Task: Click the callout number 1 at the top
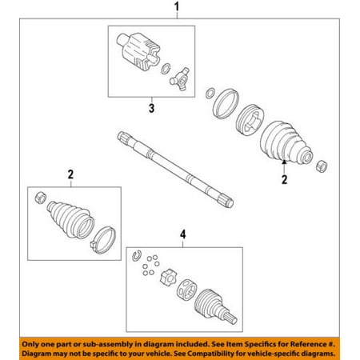(x=177, y=6)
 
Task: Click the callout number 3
(x=151, y=108)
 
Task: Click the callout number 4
(x=182, y=234)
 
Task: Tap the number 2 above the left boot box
(x=70, y=174)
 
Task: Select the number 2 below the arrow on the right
(x=284, y=179)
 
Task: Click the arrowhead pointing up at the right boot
(x=284, y=162)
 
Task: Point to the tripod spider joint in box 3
(x=180, y=79)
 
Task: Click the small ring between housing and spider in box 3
(x=166, y=69)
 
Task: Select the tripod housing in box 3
(x=138, y=52)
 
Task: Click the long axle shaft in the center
(x=175, y=170)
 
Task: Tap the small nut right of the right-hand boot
(x=322, y=166)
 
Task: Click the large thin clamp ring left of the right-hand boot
(x=226, y=104)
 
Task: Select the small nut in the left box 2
(x=41, y=198)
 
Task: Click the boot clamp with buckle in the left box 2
(x=103, y=240)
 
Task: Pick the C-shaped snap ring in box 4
(x=136, y=255)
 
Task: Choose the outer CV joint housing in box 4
(x=215, y=306)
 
